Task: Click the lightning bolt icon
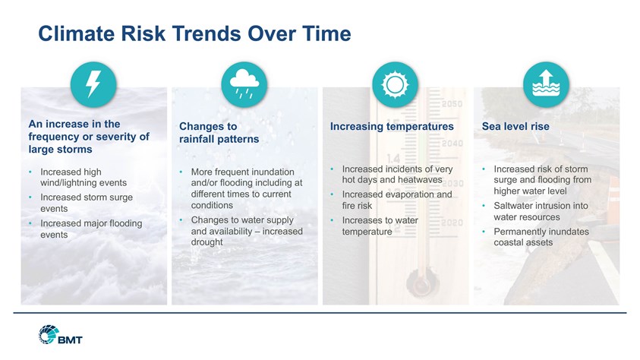[x=93, y=84]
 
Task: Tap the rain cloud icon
[x=244, y=84]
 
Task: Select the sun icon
[x=395, y=85]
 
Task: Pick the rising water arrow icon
[x=546, y=84]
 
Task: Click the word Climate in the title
[x=77, y=33]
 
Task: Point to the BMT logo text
[x=70, y=339]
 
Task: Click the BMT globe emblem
[x=49, y=334]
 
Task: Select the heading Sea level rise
[x=515, y=127]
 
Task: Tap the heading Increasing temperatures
[x=392, y=127]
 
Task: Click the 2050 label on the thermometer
[x=452, y=104]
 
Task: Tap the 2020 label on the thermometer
[x=452, y=223]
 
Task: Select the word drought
[x=207, y=242]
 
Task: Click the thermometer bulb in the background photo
[x=421, y=283]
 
